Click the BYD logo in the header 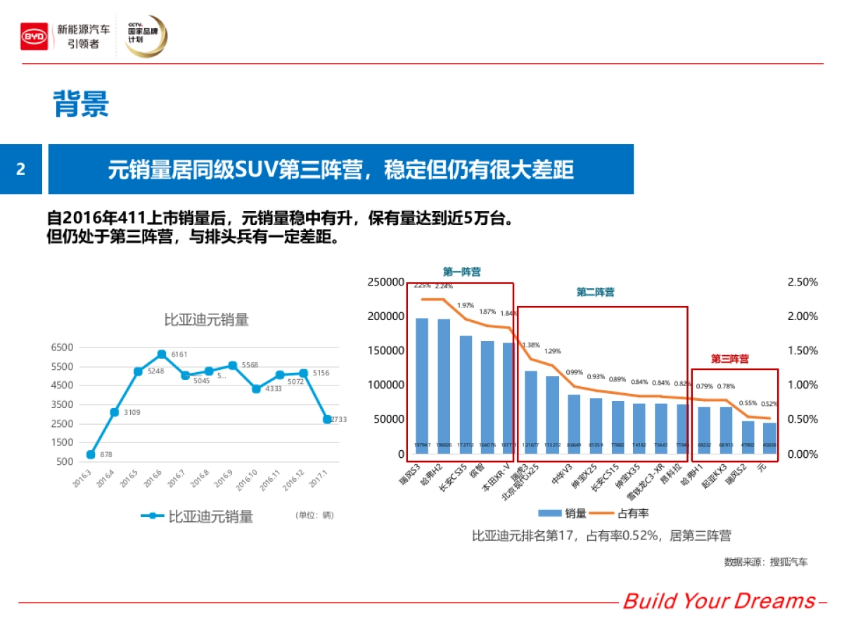(x=34, y=36)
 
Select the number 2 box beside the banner (x=20, y=170)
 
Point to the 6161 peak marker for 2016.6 (x=162, y=354)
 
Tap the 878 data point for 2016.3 (x=91, y=454)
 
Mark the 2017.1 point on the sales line (x=327, y=419)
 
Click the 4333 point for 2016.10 (x=256, y=389)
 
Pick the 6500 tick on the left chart (x=62, y=347)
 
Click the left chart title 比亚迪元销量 (x=207, y=320)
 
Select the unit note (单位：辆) (x=314, y=516)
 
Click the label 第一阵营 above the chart (x=462, y=272)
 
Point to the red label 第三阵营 (x=729, y=359)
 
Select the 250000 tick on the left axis (x=386, y=282)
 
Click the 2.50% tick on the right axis (x=803, y=282)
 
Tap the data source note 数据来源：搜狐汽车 (x=766, y=562)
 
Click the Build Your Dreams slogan (x=718, y=601)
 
